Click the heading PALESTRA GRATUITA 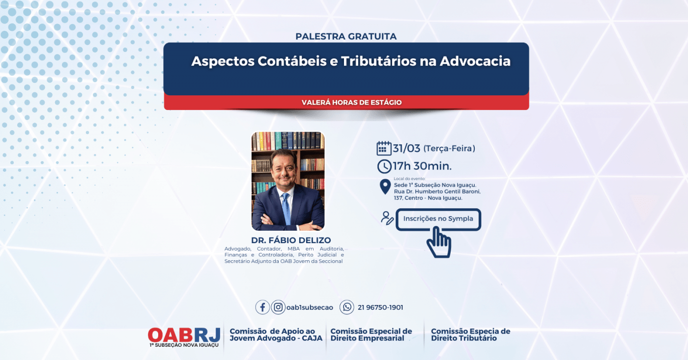tap(346, 36)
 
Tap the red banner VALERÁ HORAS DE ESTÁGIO tap(351, 103)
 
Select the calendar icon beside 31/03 tap(384, 148)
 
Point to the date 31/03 tap(406, 148)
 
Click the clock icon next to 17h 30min tap(384, 166)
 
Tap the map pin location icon tap(385, 187)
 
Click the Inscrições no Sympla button tap(438, 219)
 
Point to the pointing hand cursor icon tap(438, 243)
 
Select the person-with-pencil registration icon tap(387, 218)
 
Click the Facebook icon tap(262, 307)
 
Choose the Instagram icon tap(278, 307)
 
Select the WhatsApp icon tap(347, 307)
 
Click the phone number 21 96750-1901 tap(380, 307)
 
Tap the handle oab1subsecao tap(309, 307)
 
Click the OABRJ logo tap(184, 335)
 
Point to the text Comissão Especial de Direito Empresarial tap(371, 334)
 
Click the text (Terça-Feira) tap(449, 148)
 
